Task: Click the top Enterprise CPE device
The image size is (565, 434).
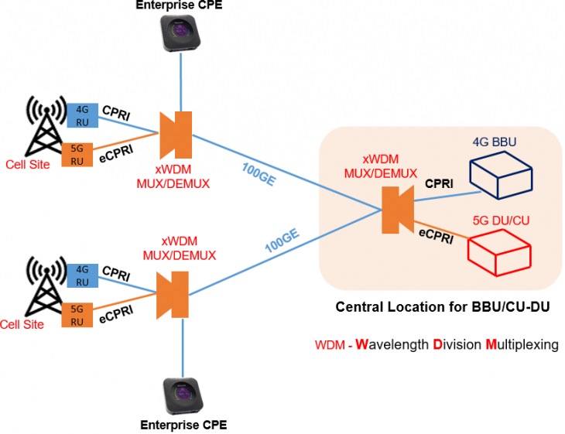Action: (181, 33)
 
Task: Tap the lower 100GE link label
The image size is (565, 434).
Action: (282, 240)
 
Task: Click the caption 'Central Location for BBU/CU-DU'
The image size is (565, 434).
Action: (442, 307)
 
